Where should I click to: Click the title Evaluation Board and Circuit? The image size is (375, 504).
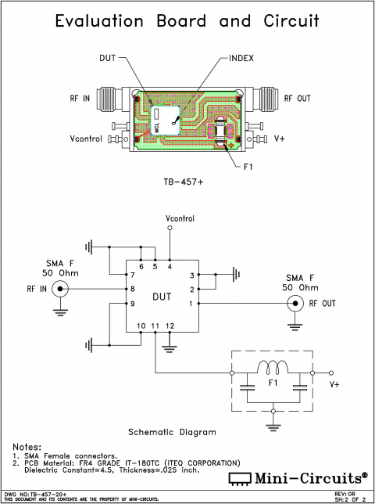[187, 21]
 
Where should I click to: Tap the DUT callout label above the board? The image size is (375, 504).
[109, 58]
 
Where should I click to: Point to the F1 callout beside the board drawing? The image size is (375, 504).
[249, 166]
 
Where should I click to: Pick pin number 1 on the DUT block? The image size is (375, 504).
[191, 304]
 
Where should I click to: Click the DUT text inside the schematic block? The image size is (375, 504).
[162, 297]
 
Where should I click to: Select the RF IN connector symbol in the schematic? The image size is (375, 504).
[59, 290]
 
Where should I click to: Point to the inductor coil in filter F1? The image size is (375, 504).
[273, 368]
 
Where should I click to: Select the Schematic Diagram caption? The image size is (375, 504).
[172, 431]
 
